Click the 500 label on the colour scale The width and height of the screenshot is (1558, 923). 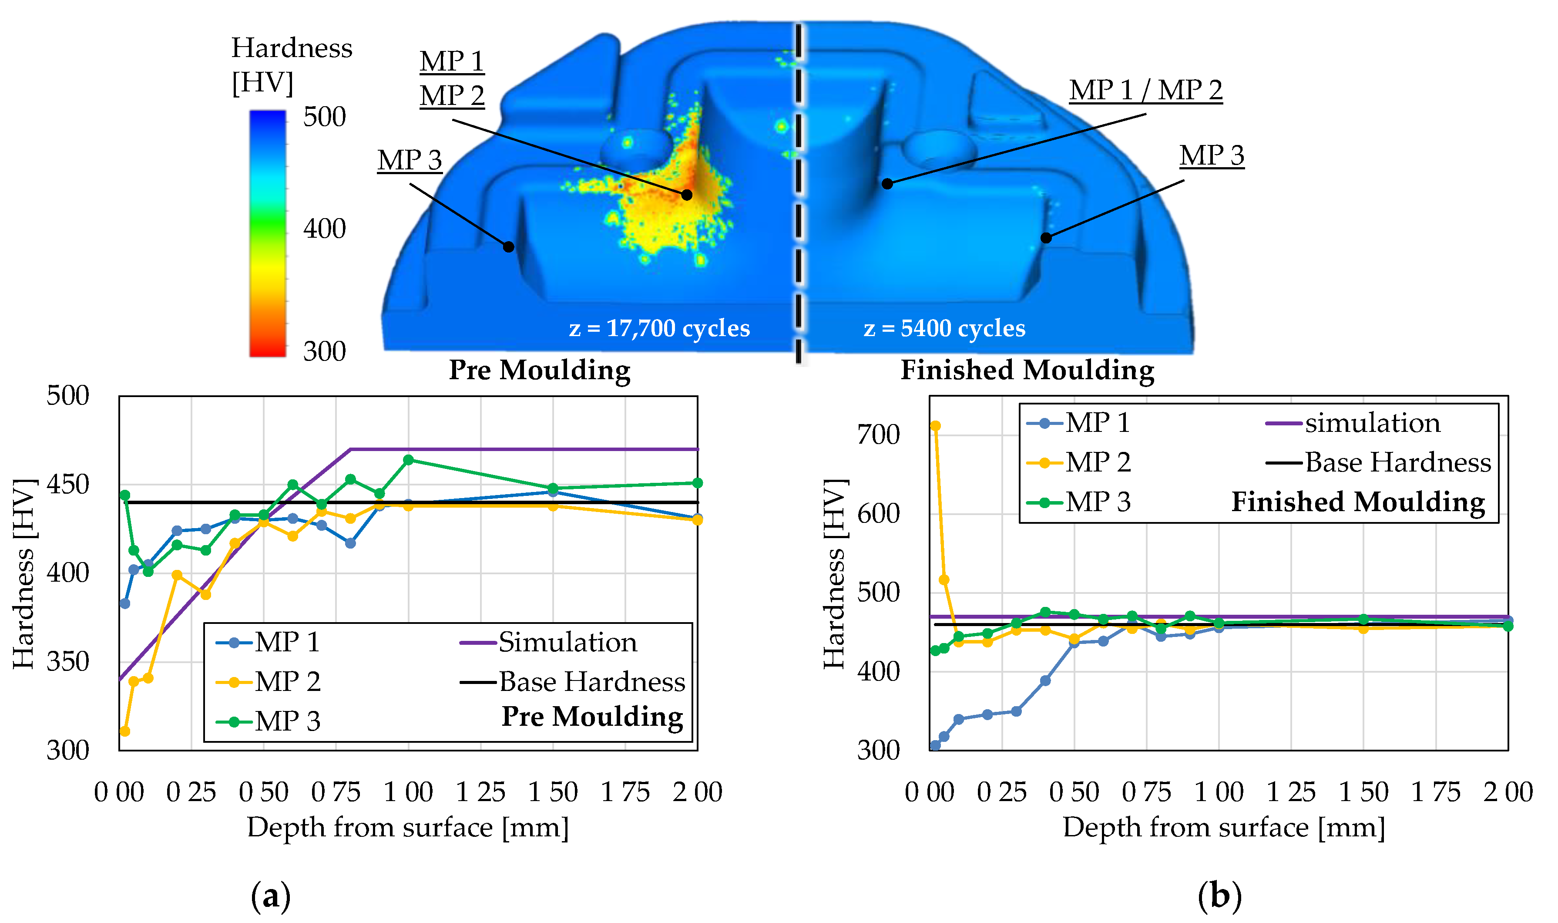tap(324, 117)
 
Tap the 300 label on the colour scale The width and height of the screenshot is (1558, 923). tap(324, 351)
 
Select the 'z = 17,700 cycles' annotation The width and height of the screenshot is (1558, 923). tap(659, 328)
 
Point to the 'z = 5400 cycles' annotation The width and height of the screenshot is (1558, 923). tap(944, 328)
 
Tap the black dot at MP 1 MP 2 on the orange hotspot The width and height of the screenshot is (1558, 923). tap(686, 195)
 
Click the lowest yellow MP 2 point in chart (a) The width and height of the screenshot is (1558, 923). tap(124, 731)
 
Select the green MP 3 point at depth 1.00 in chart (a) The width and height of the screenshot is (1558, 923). tap(409, 460)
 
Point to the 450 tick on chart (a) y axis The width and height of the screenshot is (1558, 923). tap(68, 485)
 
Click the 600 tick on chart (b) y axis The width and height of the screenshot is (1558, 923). tap(878, 514)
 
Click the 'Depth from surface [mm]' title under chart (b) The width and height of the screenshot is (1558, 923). tap(1223, 828)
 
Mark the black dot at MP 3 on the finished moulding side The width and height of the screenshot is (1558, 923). tap(1046, 238)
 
